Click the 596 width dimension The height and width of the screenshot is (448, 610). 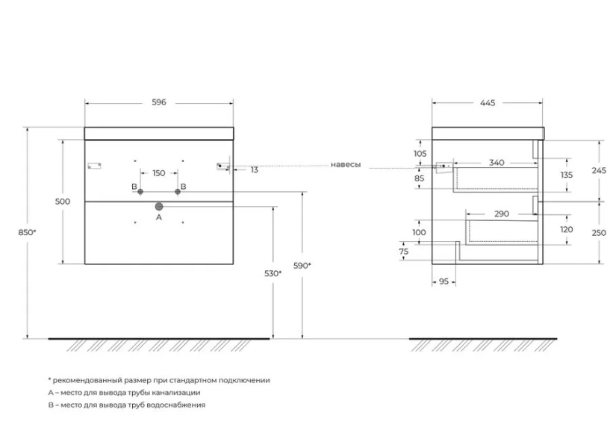(159, 102)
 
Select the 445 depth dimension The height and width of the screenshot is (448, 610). (488, 103)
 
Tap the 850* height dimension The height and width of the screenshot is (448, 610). (27, 232)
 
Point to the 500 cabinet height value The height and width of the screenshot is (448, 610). (63, 202)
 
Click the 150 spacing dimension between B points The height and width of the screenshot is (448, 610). (159, 173)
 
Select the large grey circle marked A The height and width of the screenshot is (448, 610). (159, 207)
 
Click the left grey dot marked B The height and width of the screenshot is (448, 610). (140, 192)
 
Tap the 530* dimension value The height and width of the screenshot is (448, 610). (273, 274)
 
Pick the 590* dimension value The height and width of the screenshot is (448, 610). (302, 266)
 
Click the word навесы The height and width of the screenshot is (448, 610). (346, 165)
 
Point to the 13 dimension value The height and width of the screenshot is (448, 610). (255, 170)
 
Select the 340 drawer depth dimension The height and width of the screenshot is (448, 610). (497, 163)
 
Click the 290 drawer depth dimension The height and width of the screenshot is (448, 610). (502, 214)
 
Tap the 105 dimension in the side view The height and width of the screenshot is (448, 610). (420, 154)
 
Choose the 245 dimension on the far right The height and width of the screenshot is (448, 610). (599, 170)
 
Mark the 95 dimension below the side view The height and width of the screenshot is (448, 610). (444, 281)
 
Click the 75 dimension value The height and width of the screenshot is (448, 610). (404, 252)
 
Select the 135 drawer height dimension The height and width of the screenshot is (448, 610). (567, 175)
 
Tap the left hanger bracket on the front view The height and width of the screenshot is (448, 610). (95, 166)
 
